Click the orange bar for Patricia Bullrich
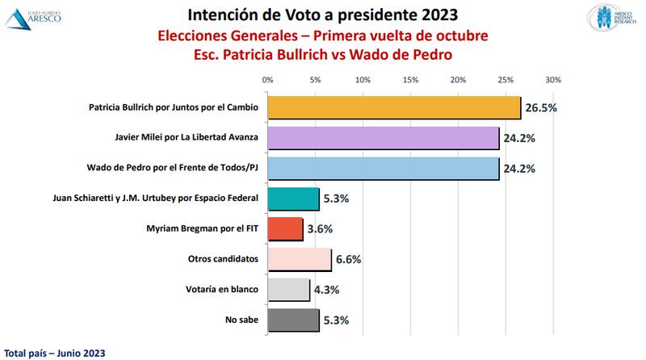[394, 107]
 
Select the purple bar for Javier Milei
[383, 138]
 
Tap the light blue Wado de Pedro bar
[383, 169]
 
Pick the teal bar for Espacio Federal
[293, 199]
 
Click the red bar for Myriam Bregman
[285, 229]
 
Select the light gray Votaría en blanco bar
[288, 290]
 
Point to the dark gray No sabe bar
[293, 320]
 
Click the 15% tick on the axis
[410, 80]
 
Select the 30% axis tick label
[552, 80]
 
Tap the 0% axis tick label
[268, 80]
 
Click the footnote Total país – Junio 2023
[54, 353]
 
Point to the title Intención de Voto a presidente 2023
[323, 15]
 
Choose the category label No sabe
[243, 320]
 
